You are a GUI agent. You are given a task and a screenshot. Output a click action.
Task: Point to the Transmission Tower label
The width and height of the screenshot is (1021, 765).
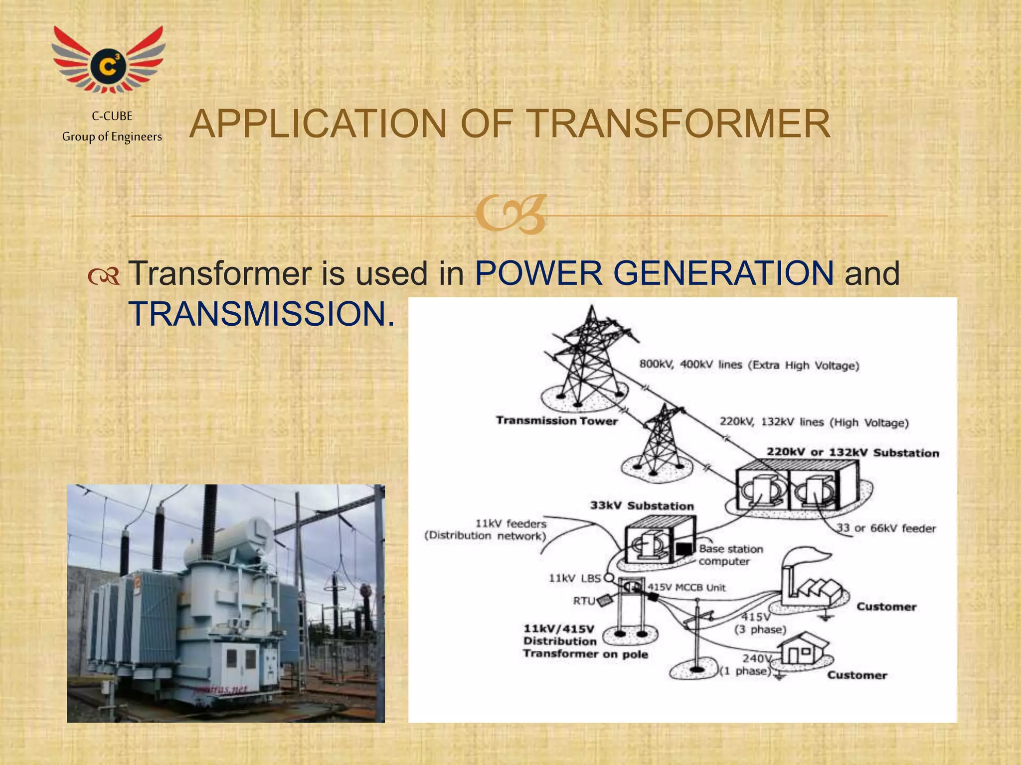(x=556, y=421)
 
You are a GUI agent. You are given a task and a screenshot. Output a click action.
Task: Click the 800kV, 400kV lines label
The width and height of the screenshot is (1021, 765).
(x=749, y=365)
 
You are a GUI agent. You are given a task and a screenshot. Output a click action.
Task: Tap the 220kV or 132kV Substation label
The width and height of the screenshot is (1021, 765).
(x=852, y=453)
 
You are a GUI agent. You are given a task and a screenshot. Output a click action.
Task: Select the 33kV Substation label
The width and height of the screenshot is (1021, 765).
(x=642, y=506)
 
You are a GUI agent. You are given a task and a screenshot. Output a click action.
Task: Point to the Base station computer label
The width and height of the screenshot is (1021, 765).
(x=730, y=555)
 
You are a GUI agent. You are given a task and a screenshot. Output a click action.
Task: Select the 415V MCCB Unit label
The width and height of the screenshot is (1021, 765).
(x=686, y=588)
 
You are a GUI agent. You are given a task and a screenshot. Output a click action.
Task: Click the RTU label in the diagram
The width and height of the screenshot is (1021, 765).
(x=584, y=601)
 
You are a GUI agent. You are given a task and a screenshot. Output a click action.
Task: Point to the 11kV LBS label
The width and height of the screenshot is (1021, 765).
(x=574, y=578)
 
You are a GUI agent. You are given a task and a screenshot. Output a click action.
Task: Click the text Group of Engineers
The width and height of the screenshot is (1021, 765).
(x=112, y=137)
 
